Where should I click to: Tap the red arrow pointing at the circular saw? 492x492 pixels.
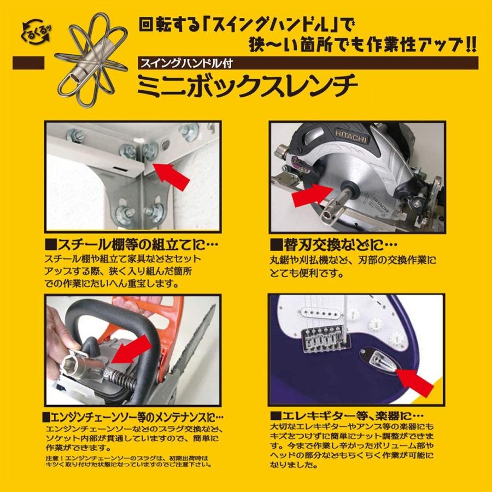[x=312, y=195]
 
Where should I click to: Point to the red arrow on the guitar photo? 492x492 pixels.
[x=415, y=380]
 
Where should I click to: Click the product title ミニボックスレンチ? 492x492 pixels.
[x=248, y=86]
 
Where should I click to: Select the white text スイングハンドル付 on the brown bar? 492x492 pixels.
[x=186, y=63]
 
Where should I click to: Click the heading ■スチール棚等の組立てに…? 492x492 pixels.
[x=131, y=245]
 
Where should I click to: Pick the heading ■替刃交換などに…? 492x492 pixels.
[x=334, y=245]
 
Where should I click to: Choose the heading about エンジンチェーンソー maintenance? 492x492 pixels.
[x=133, y=417]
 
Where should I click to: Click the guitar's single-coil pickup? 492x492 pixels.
[x=318, y=313]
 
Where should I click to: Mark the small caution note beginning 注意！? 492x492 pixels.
[x=128, y=461]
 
